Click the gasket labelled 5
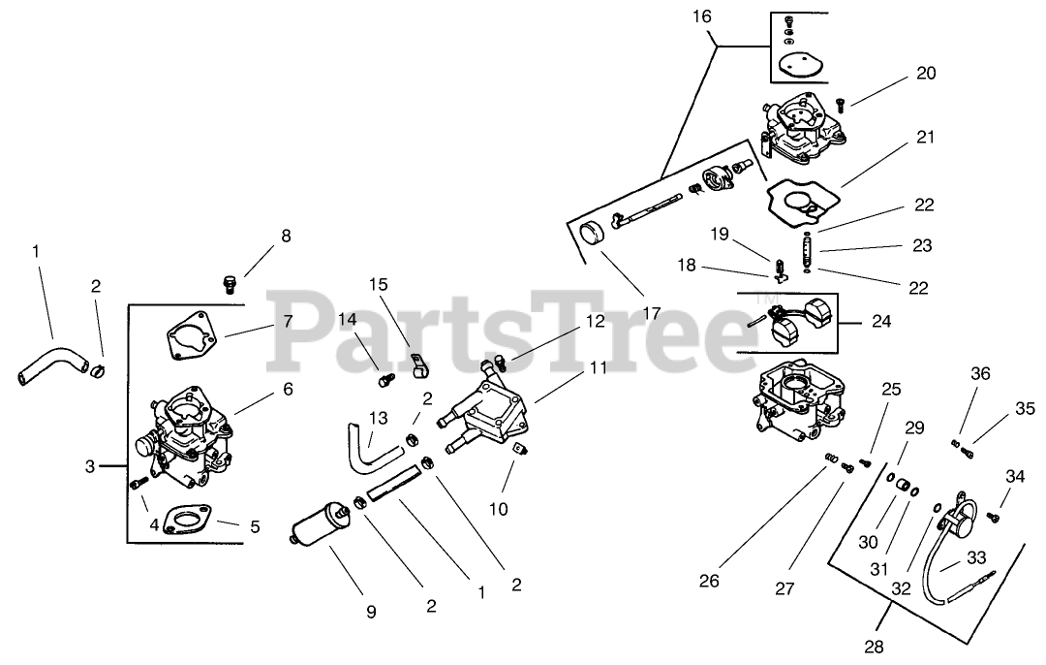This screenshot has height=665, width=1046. click(x=184, y=520)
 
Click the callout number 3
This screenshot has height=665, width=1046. click(x=90, y=467)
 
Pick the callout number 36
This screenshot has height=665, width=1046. click(x=981, y=373)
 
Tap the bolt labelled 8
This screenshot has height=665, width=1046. click(x=229, y=283)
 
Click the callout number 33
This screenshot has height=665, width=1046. click(x=975, y=557)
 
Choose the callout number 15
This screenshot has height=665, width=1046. click(x=378, y=284)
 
